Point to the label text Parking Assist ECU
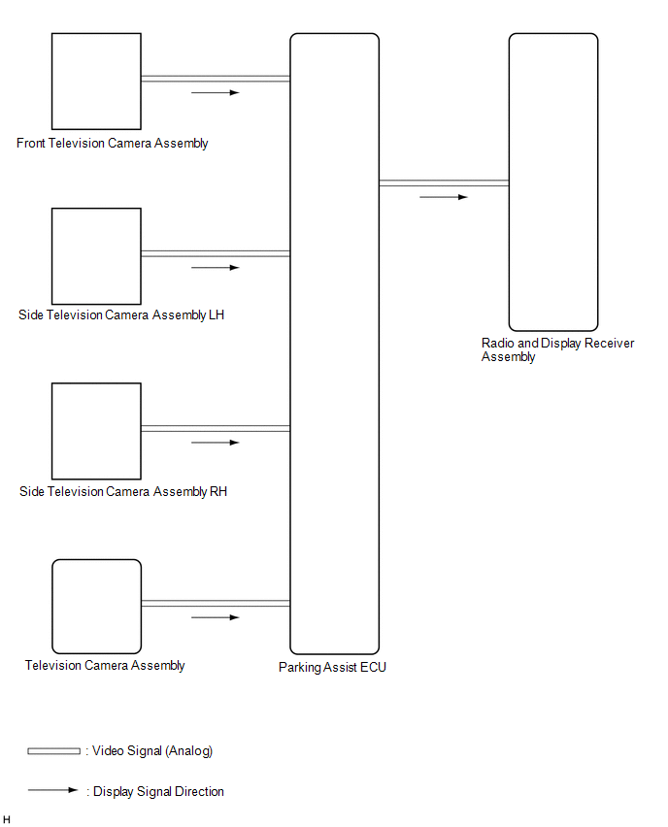332,667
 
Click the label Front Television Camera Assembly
113,144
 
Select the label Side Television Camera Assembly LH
121,314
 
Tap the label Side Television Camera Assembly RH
123,491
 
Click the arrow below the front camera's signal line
216,93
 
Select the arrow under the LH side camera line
216,268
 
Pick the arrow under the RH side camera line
216,443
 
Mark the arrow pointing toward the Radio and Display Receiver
444,197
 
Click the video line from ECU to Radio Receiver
444,183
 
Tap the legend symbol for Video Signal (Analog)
53,751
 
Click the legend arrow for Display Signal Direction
52,790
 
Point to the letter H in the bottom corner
7,819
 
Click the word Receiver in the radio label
610,344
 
